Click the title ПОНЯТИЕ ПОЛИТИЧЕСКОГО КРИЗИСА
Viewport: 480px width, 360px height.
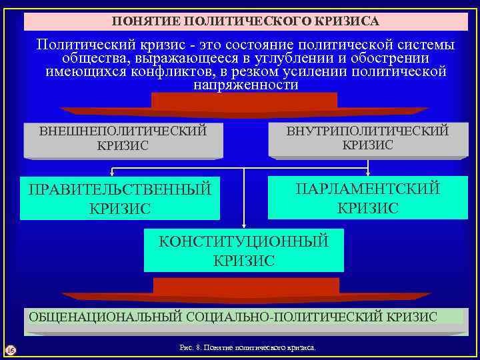pyautogui.click(x=245, y=22)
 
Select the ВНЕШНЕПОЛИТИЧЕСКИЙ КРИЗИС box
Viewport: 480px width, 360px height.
pyautogui.click(x=123, y=139)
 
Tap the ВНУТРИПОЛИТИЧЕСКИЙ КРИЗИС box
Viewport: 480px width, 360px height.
pyautogui.click(x=367, y=138)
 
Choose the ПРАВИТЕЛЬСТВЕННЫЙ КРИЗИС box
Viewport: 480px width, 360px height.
pyautogui.click(x=120, y=199)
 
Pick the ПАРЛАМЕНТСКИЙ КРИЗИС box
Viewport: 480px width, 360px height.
pyautogui.click(x=367, y=197)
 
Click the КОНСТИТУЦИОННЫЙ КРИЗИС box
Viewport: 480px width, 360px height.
pyautogui.click(x=243, y=251)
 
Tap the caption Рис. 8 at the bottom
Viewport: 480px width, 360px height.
pyautogui.click(x=244, y=348)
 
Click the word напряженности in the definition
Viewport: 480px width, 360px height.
pyautogui.click(x=245, y=86)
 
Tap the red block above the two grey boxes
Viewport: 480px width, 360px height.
pyautogui.click(x=244, y=102)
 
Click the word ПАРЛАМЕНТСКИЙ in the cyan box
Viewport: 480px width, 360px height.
pyautogui.click(x=367, y=189)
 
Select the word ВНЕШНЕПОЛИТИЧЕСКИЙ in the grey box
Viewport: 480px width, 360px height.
pyautogui.click(x=123, y=131)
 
